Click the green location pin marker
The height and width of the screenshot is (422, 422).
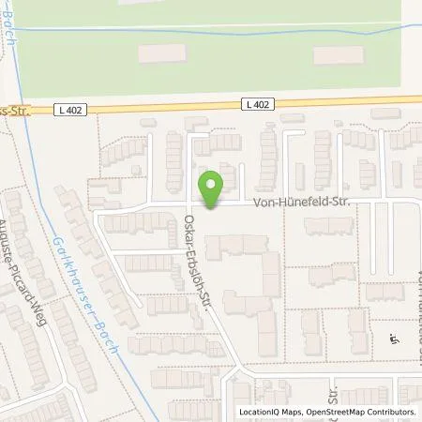point(212,190)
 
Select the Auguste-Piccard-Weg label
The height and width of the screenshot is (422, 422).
point(26,258)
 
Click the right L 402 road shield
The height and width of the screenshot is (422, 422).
point(262,103)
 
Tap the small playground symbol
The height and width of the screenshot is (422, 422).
point(392,340)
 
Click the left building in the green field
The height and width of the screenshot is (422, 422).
point(162,54)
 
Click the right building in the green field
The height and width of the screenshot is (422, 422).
point(338,55)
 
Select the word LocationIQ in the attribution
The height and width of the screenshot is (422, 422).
point(258,413)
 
